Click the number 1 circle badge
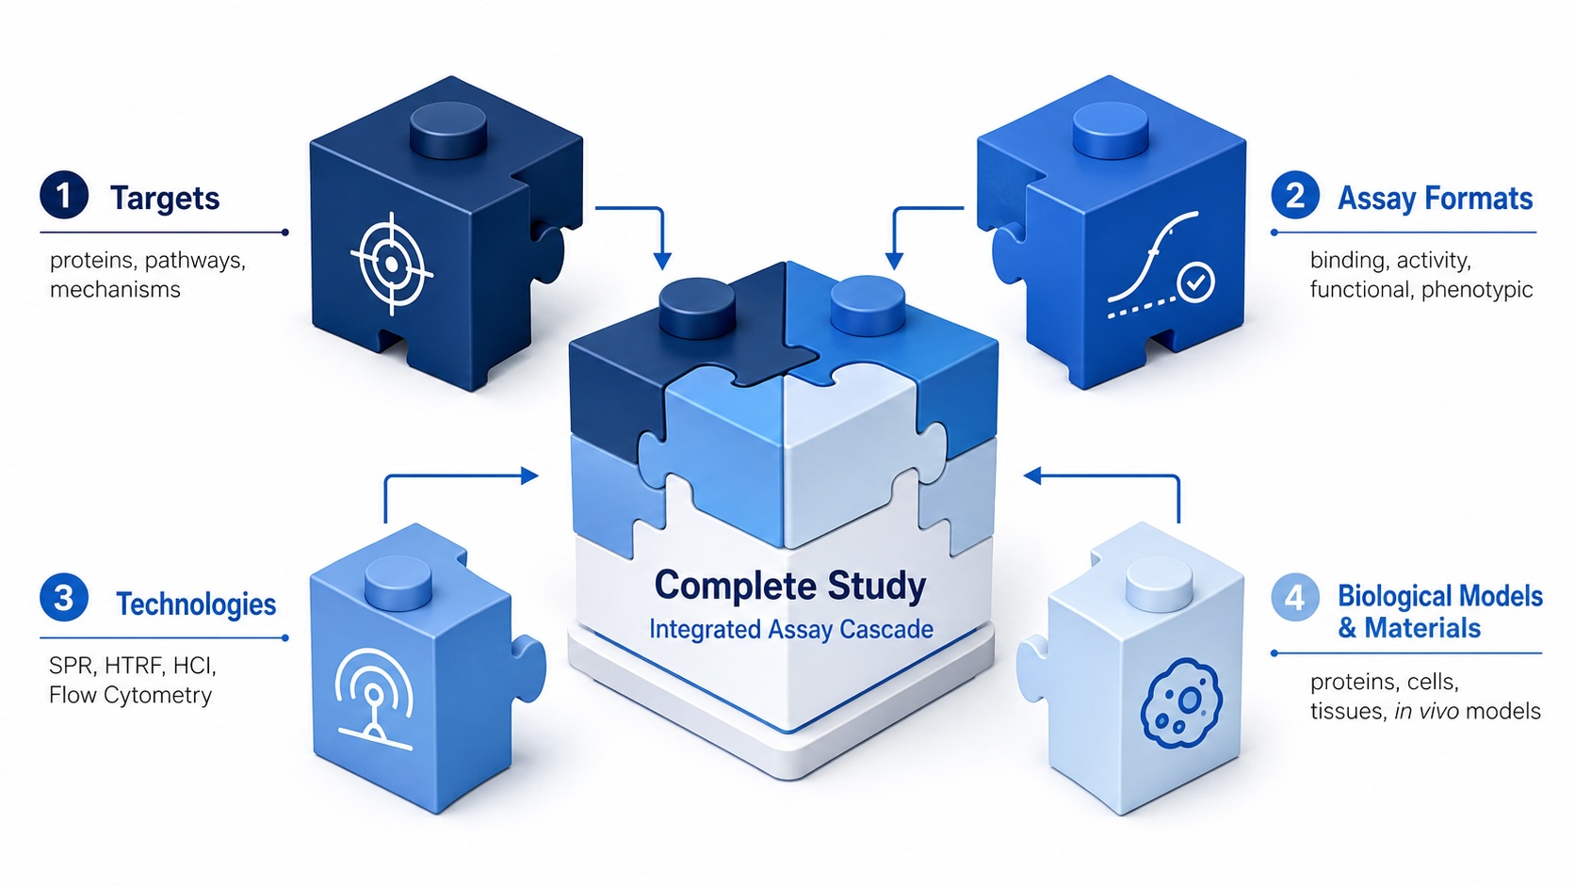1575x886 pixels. click(64, 195)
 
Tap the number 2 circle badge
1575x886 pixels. click(1295, 195)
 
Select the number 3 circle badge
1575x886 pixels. click(64, 598)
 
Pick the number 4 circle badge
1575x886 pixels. click(1295, 597)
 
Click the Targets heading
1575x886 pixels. click(165, 198)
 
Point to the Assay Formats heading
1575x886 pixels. click(1435, 198)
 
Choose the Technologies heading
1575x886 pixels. click(196, 604)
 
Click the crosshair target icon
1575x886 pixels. click(391, 264)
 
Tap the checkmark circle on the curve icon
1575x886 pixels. click(1195, 283)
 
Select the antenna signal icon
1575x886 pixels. click(373, 696)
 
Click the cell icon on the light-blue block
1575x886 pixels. click(1181, 703)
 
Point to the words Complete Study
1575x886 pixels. click(790, 585)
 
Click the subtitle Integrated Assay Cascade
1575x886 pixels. click(791, 629)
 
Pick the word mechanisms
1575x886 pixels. click(115, 289)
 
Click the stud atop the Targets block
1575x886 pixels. click(448, 129)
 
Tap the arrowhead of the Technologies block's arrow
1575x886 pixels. click(529, 475)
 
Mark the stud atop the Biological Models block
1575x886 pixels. click(1159, 585)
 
